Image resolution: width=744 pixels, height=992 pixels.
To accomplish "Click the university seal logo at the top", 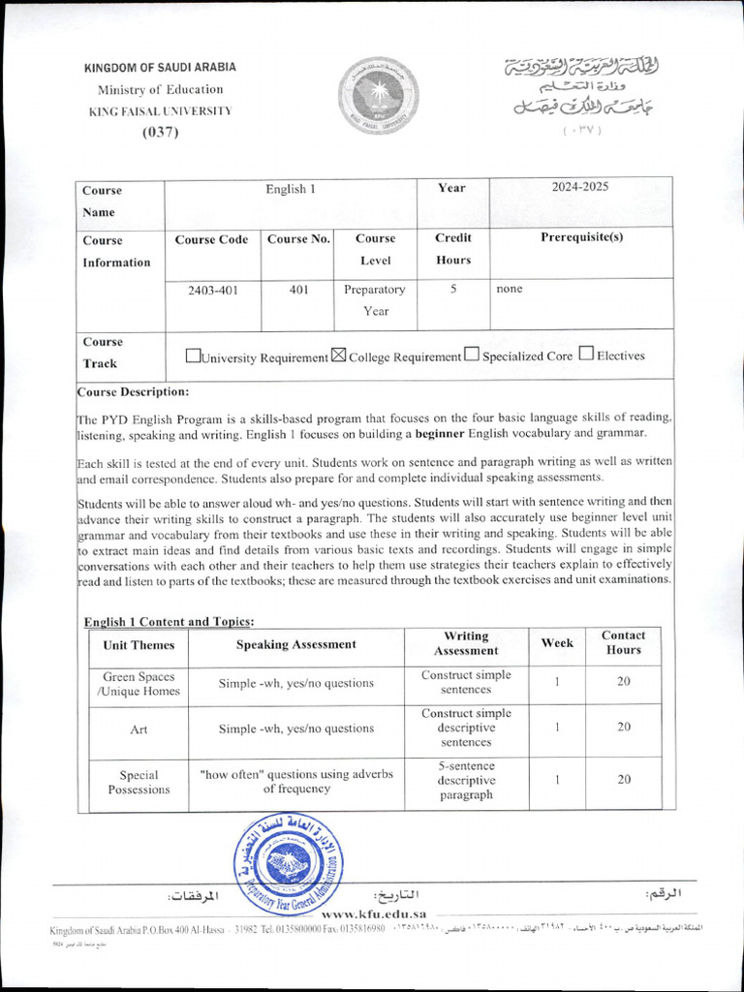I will pos(378,97).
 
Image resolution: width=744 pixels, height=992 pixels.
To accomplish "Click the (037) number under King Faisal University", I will pos(161,133).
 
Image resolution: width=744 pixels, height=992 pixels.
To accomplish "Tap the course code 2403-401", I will pos(213,289).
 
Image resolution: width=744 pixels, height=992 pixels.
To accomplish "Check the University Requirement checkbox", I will pos(192,356).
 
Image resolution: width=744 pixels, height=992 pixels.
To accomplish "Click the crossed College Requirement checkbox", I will pos(338,356).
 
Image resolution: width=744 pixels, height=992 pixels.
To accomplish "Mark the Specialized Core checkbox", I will pos(471,355).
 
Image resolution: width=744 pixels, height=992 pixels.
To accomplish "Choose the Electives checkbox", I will pos(586,354).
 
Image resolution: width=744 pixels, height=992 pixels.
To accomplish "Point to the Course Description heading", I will pos(134,392).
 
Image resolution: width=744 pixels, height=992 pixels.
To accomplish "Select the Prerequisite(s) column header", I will pos(581,237).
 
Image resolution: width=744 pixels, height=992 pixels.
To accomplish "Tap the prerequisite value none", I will pos(509,289).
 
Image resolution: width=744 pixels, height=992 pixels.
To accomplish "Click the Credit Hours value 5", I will pos(453,289).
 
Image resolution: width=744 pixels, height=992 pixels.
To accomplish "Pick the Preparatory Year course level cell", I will pos(375,299).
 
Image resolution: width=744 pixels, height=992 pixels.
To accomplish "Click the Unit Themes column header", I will pos(139,644).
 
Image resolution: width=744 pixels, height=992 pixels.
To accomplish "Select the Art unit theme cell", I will pos(139,728).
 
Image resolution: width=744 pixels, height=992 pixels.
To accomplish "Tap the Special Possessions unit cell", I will pos(139,782).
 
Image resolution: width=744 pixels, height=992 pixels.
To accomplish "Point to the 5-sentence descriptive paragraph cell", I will pos(466,780).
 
